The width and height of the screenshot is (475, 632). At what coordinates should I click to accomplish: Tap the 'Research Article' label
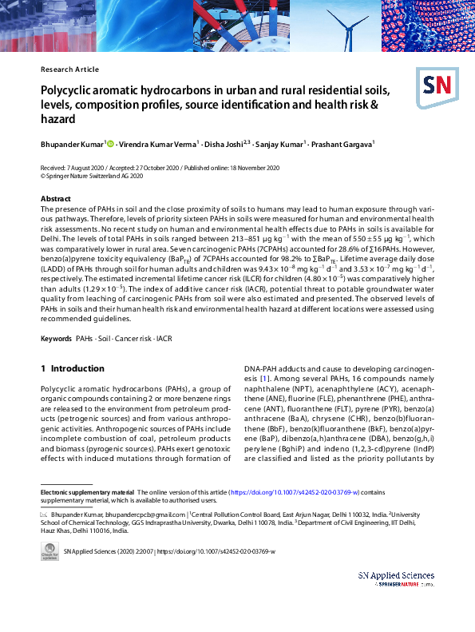[69, 70]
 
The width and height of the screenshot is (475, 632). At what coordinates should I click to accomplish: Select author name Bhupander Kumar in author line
[71, 145]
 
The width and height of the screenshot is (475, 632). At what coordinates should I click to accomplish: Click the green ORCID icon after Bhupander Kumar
[110, 144]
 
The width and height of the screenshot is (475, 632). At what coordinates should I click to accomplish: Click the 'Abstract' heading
[56, 198]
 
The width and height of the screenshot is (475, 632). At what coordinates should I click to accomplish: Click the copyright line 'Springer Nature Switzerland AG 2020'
[91, 176]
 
